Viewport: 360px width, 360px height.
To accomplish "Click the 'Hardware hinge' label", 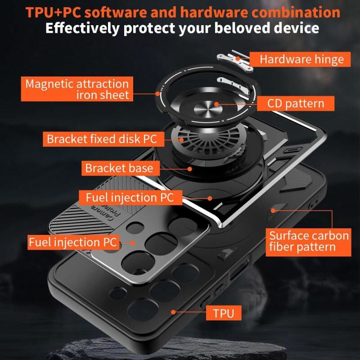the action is tap(300, 59).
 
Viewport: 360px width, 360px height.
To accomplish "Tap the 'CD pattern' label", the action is tap(296, 103).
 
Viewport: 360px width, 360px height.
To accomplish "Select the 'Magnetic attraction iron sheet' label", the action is tap(77, 89).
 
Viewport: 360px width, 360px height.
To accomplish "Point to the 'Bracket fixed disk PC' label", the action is tap(103, 139).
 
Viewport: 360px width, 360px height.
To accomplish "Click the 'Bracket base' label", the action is tap(121, 168).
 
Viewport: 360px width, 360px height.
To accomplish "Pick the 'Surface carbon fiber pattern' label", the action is tap(308, 242).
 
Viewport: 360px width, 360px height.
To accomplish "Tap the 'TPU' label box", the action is tap(224, 313).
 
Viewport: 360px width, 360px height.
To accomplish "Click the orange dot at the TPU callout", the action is tap(174, 312).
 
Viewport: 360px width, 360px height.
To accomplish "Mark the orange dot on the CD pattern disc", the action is tap(216, 104).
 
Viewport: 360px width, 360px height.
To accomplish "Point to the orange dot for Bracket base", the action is tap(189, 169).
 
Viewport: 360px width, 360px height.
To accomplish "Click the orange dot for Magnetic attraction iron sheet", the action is tap(157, 94).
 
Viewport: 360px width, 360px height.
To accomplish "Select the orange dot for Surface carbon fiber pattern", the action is tap(273, 211).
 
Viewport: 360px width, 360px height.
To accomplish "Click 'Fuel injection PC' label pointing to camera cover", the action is tap(73, 242).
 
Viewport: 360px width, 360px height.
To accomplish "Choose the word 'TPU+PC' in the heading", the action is tap(53, 12).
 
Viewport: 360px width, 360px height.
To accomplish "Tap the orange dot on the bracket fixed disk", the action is tap(181, 139).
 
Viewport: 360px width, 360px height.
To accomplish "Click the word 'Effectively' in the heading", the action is tap(82, 28).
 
